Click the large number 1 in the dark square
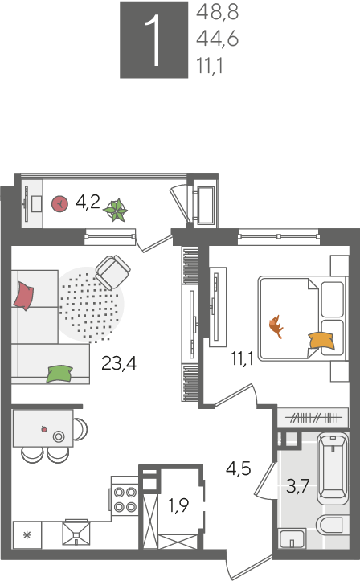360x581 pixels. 153,41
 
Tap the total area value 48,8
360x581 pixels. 217,12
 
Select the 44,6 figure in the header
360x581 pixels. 217,39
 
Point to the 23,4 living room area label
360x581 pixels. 119,363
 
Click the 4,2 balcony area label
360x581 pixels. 88,203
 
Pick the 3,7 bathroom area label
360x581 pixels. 298,486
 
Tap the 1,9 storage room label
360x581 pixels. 178,505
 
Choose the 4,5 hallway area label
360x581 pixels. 239,468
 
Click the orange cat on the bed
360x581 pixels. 276,326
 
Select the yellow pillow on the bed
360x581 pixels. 321,341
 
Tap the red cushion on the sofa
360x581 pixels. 23,296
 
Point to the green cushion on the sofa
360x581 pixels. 59,374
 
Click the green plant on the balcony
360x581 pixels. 116,210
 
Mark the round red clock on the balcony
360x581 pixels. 59,204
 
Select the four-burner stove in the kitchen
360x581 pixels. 124,499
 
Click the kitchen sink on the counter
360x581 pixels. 76,534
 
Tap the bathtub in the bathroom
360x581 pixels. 333,467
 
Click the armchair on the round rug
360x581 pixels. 113,272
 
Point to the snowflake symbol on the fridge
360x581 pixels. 27,535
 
